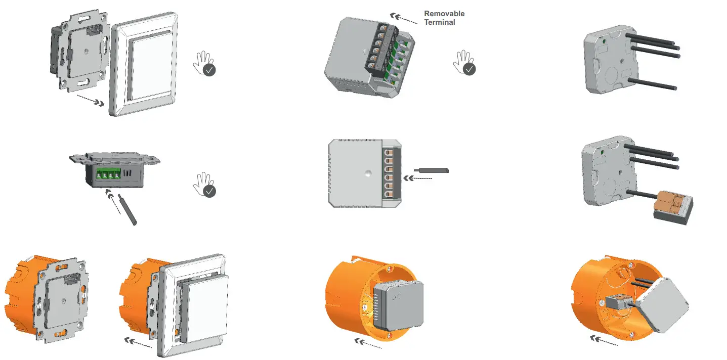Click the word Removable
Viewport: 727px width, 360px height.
(444, 14)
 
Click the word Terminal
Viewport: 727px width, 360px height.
(439, 22)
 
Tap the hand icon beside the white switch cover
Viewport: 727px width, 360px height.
(204, 64)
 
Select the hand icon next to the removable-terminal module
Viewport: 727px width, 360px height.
(464, 63)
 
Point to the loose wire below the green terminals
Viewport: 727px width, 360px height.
(127, 209)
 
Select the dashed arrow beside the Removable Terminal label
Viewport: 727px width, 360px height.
(404, 19)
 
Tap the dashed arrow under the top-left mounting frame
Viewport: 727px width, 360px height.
(91, 100)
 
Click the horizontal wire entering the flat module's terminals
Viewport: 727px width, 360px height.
(431, 170)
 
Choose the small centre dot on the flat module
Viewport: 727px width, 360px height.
(365, 172)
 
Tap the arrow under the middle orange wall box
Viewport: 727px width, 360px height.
(369, 344)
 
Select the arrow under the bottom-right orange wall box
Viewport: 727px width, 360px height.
(604, 342)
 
